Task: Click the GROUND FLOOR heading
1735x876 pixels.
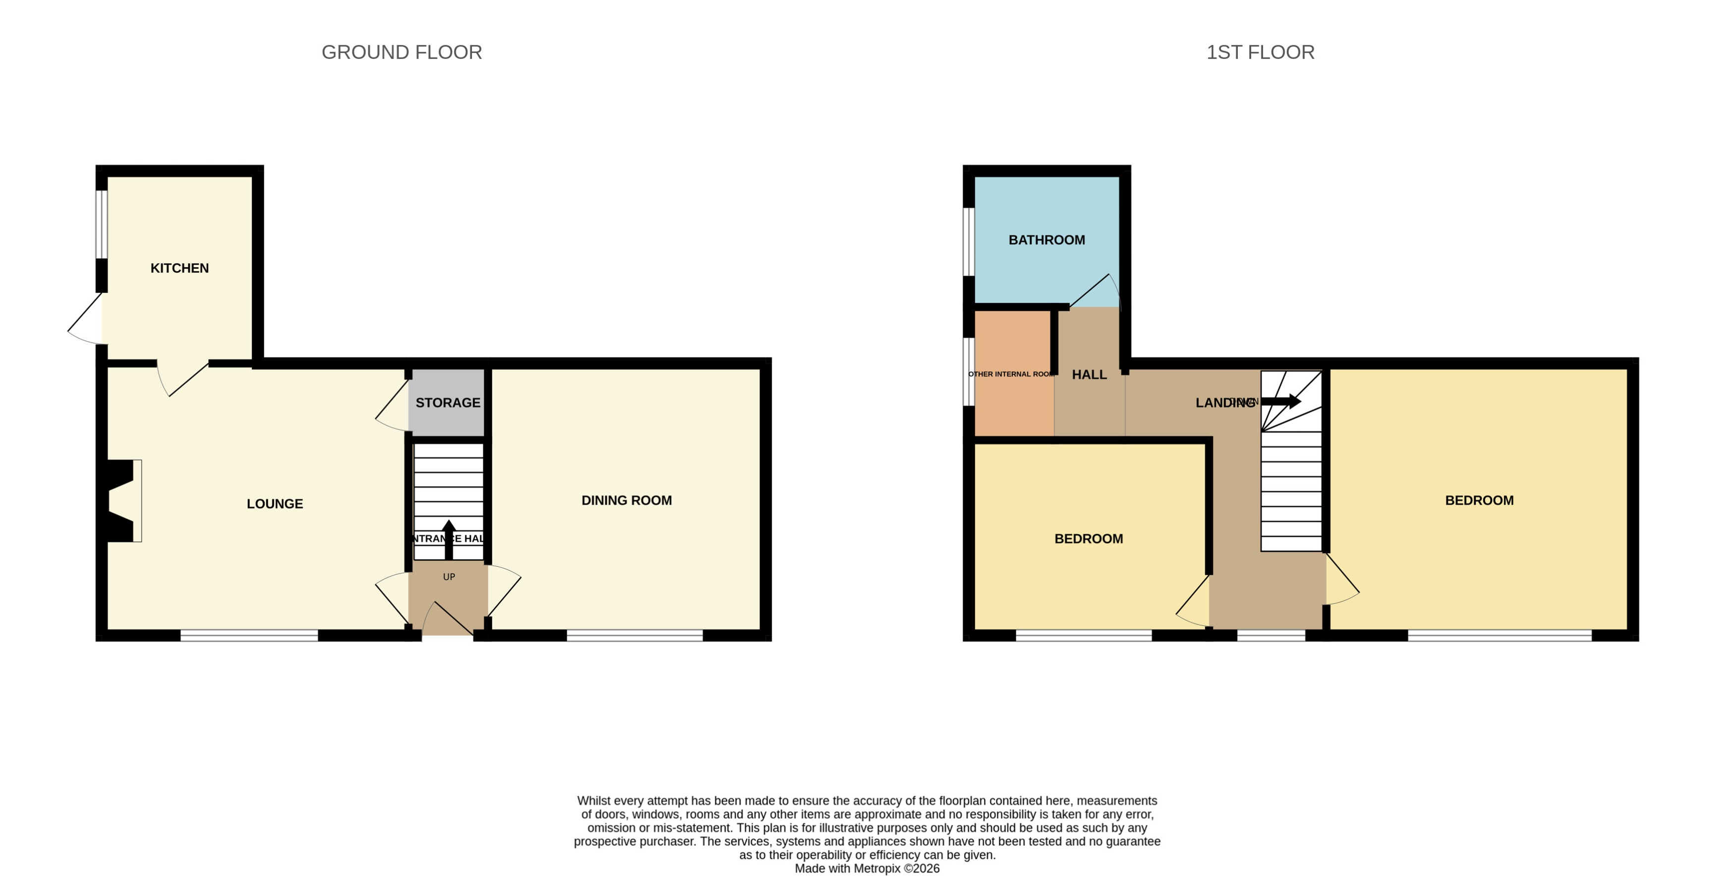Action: click(402, 52)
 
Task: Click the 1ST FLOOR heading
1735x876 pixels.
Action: click(1260, 52)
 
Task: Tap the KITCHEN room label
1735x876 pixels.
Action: click(179, 268)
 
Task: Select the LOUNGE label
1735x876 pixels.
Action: click(274, 504)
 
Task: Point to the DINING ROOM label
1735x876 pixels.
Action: click(627, 500)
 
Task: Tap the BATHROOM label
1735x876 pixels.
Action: click(1046, 240)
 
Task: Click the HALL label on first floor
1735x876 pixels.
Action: click(1089, 374)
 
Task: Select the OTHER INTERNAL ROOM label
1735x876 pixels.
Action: click(1011, 374)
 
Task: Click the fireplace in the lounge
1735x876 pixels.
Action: click(123, 500)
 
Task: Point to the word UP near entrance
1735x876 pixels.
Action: click(449, 577)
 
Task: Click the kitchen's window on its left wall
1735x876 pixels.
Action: click(102, 224)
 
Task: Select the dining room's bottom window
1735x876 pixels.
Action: click(635, 635)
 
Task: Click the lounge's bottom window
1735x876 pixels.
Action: click(248, 635)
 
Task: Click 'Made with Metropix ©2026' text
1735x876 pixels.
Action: click(867, 869)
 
